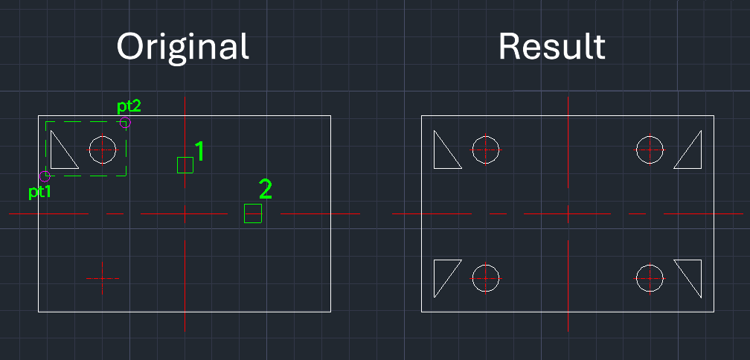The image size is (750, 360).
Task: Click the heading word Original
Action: [182, 48]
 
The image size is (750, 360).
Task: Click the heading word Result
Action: [551, 47]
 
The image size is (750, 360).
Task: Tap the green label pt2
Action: [129, 106]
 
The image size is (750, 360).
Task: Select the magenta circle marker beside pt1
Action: [45, 176]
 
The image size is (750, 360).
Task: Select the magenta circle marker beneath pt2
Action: [125, 123]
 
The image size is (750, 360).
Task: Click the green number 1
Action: [199, 151]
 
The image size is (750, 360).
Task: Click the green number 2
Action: [265, 189]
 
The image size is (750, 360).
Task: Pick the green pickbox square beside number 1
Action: [185, 165]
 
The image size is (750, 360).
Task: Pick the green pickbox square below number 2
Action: [253, 213]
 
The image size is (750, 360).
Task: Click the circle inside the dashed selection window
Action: [103, 150]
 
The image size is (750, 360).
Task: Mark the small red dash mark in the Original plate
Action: [103, 278]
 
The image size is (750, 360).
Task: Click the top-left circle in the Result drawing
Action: [485, 150]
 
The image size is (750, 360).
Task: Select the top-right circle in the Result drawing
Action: [650, 150]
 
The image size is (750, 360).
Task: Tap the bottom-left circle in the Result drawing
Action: [485, 277]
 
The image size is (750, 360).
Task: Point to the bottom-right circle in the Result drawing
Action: [650, 277]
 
